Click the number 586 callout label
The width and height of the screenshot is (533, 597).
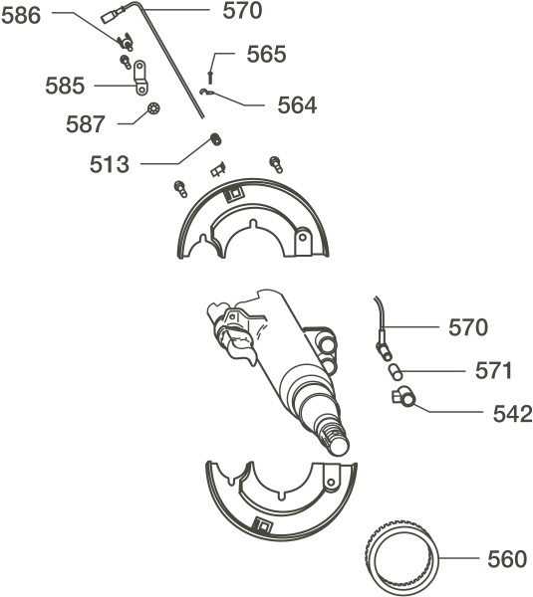pos(21,16)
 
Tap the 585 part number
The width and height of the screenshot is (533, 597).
pos(65,86)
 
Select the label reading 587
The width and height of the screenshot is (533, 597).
pos(85,124)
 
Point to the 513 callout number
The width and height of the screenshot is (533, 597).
pos(110,164)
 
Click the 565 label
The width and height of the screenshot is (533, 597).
pos(266,54)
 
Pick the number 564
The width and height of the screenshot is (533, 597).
pos(297,105)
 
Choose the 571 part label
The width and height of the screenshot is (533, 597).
pos(493,370)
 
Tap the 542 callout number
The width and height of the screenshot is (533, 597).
pos(512,414)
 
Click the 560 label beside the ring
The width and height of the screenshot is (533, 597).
pos(507,559)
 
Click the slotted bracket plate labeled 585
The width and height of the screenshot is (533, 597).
pos(140,78)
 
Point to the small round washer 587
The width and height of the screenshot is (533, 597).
pos(153,108)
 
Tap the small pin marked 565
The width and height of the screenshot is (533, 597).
pos(209,77)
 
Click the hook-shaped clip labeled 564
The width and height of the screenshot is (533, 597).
pos(205,93)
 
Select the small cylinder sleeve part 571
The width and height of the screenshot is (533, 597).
pos(395,371)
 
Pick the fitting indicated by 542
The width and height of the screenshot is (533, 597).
pos(403,397)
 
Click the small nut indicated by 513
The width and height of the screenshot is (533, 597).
pos(216,139)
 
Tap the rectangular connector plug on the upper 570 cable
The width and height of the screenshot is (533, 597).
pos(112,16)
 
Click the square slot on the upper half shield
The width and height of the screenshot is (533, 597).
pos(232,194)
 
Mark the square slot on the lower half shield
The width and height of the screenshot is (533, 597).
pos(262,525)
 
